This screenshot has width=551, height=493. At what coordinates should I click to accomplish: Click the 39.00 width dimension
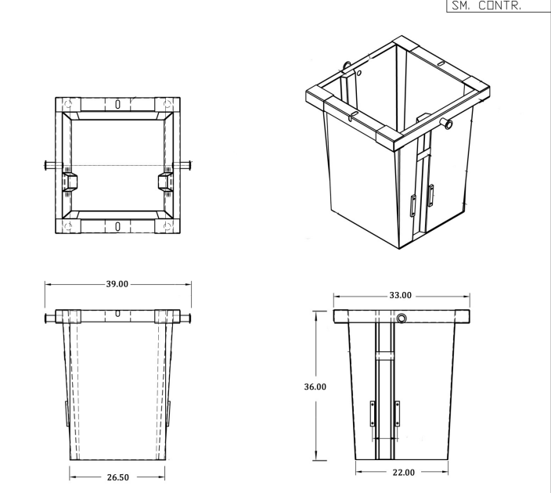click(x=117, y=283)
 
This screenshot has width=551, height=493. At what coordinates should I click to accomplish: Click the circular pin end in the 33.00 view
click(x=402, y=318)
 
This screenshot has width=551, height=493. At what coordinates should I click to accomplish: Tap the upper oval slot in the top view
click(x=117, y=103)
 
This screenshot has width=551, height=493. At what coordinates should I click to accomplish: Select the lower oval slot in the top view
click(x=117, y=226)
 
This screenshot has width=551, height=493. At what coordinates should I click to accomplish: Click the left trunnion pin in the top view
click(x=52, y=165)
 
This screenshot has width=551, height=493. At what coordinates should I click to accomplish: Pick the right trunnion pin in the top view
click(x=182, y=165)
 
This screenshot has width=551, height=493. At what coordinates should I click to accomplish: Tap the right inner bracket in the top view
click(x=166, y=182)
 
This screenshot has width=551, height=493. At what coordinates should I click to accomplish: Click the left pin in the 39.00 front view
click(x=52, y=317)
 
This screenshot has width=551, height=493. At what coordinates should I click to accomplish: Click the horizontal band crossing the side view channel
click(x=384, y=354)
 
